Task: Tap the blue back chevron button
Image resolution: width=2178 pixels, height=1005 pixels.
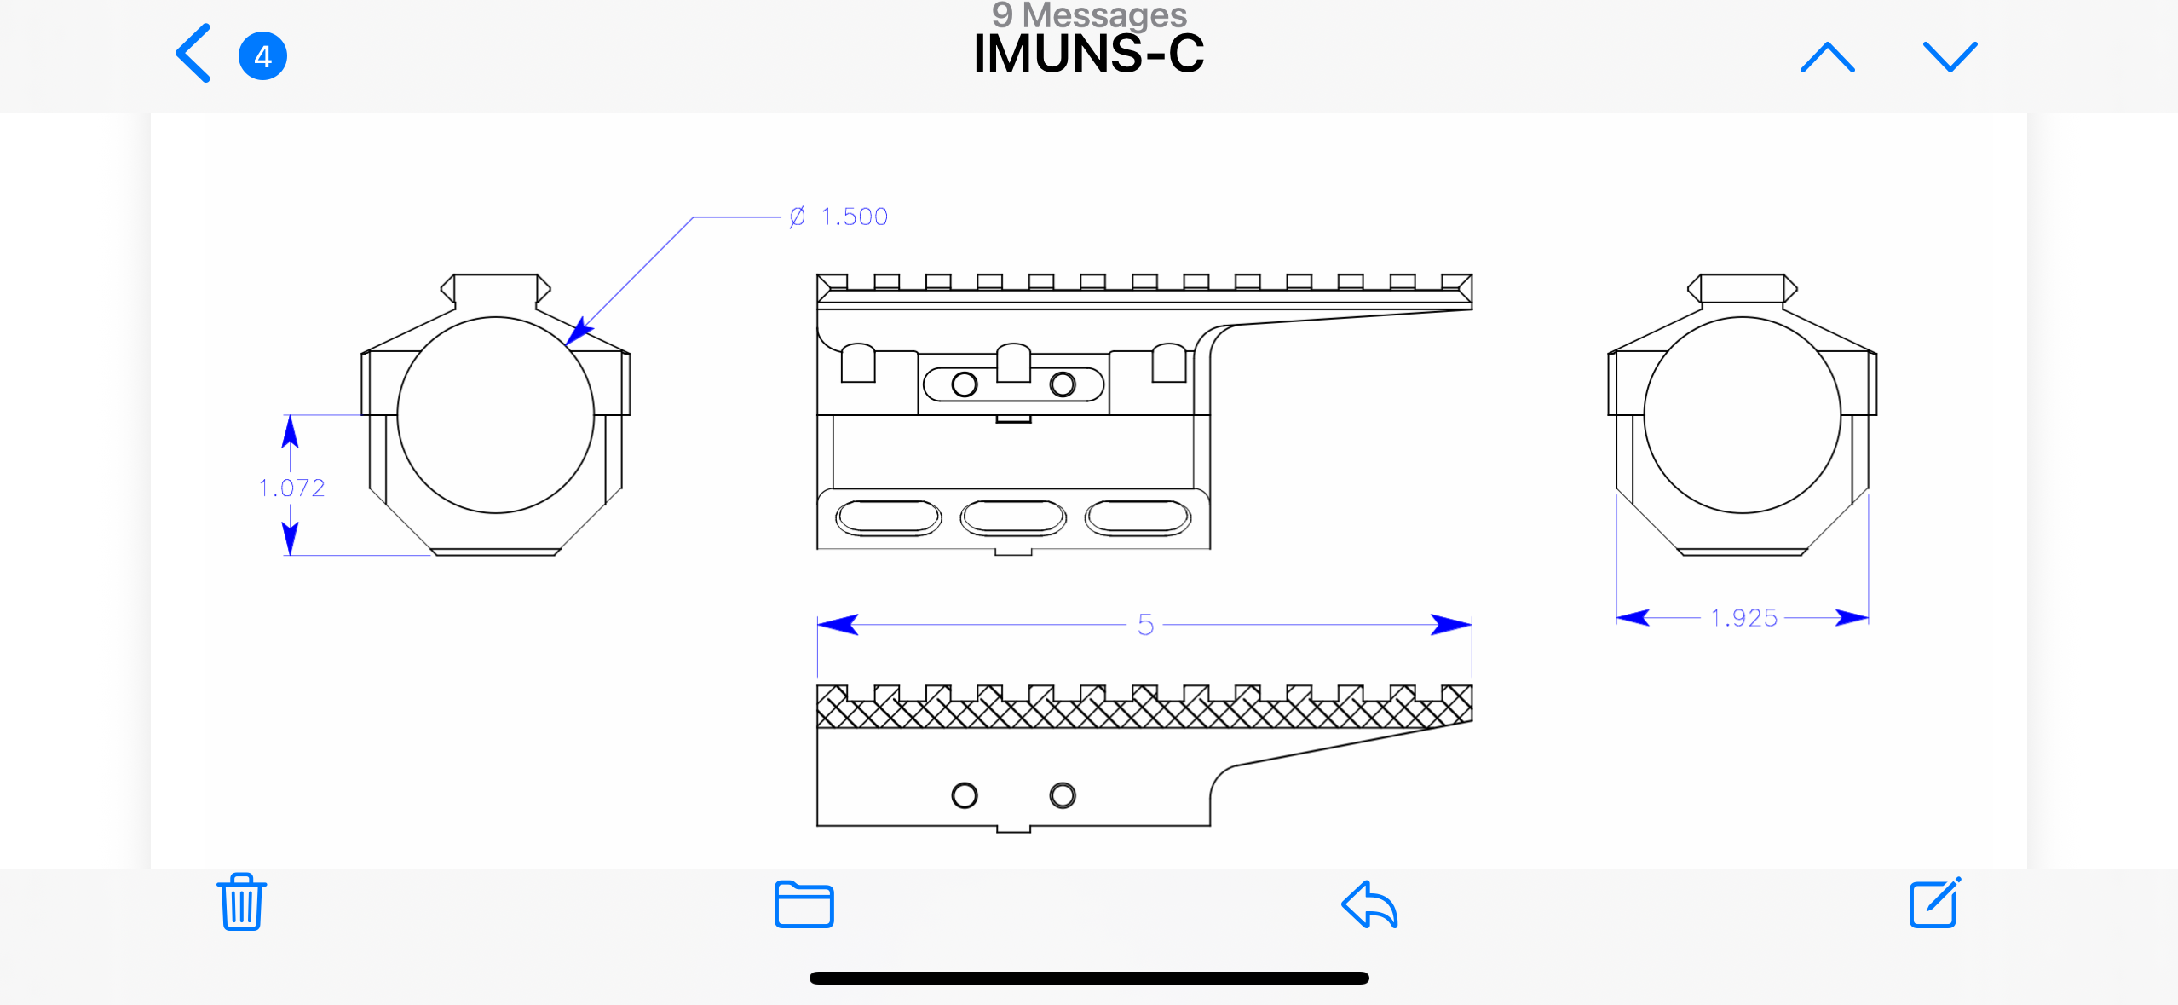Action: pyautogui.click(x=193, y=54)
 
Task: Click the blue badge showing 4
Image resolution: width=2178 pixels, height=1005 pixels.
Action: pyautogui.click(x=262, y=56)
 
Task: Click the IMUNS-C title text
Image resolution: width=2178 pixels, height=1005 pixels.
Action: pyautogui.click(x=1088, y=54)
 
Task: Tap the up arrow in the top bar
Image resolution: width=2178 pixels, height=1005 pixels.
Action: pyautogui.click(x=1827, y=57)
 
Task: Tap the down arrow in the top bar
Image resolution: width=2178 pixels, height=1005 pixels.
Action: pyautogui.click(x=1950, y=57)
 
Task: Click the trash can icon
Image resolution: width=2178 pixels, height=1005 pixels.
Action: pyautogui.click(x=242, y=902)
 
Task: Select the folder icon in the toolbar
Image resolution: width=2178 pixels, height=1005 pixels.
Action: pyautogui.click(x=804, y=904)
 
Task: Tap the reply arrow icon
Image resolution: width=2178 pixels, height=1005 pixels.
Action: pyautogui.click(x=1369, y=904)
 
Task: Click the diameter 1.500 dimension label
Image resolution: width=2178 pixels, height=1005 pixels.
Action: pyautogui.click(x=839, y=217)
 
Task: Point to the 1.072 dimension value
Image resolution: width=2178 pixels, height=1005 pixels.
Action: pyautogui.click(x=291, y=488)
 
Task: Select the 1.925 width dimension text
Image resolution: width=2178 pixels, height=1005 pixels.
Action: pyautogui.click(x=1743, y=618)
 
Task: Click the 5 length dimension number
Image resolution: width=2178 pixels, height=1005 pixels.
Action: pyautogui.click(x=1145, y=625)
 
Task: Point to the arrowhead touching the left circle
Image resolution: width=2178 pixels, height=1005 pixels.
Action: pyautogui.click(x=579, y=332)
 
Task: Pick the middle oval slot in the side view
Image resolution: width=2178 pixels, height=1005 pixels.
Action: pyautogui.click(x=1012, y=517)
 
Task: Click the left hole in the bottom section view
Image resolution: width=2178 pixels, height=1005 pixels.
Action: pyautogui.click(x=964, y=795)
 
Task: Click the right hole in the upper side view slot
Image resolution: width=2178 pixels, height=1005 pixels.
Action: pyautogui.click(x=1062, y=384)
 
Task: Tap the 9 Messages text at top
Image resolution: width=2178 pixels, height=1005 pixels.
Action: pyautogui.click(x=1088, y=14)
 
